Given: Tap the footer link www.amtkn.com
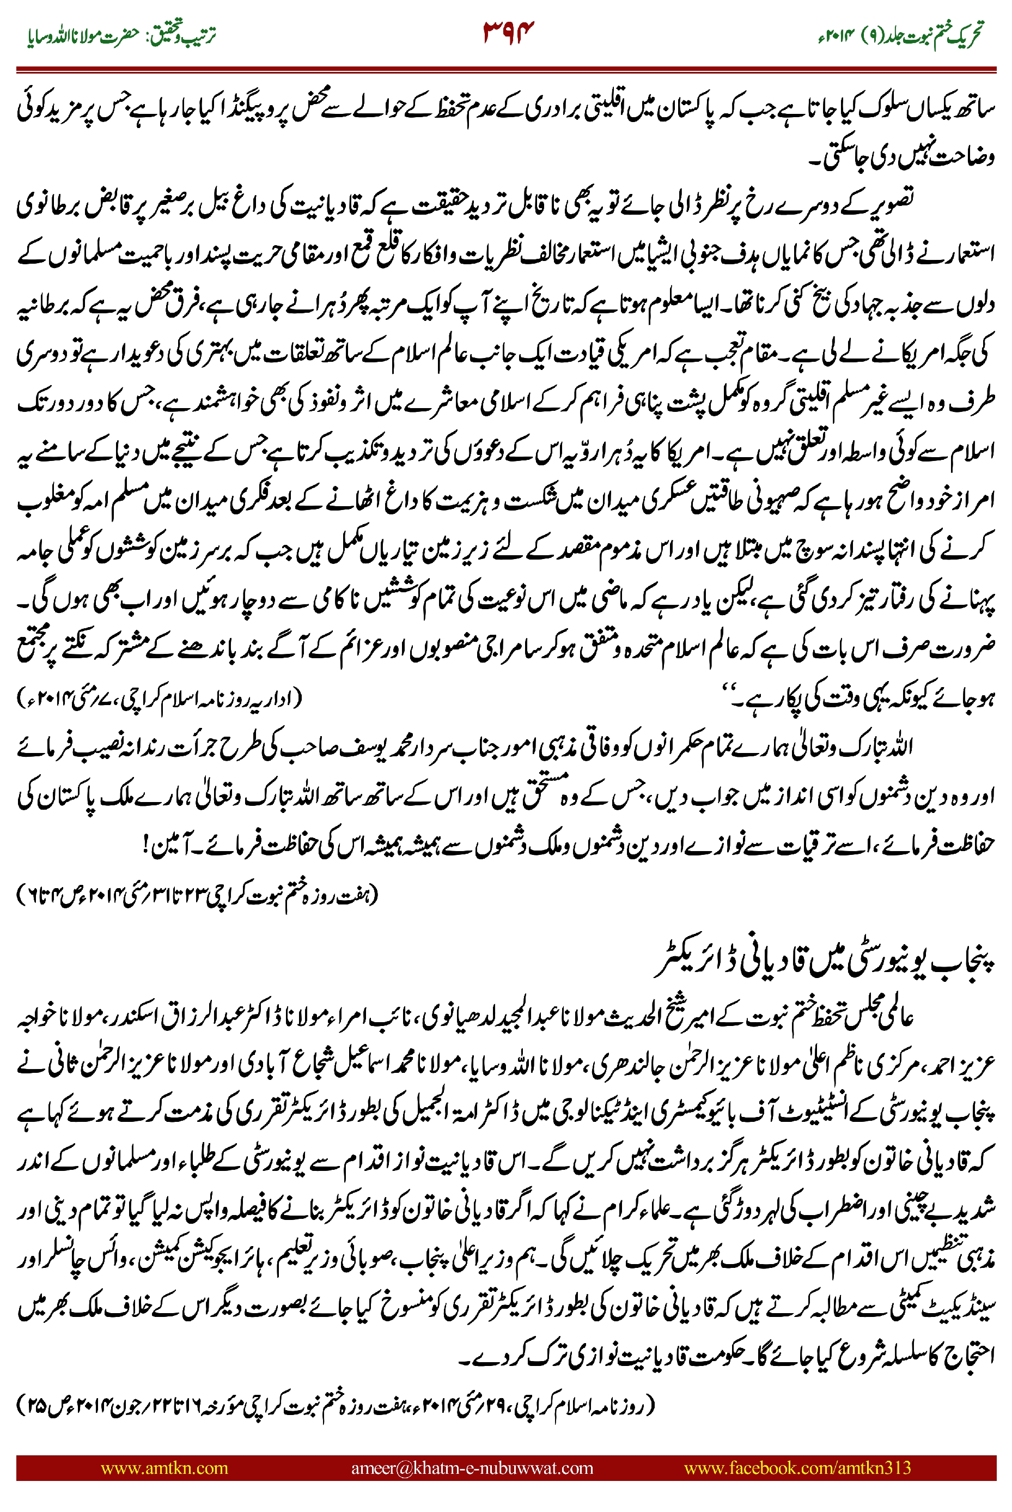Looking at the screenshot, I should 164,1467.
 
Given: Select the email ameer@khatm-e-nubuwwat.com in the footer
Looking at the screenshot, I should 472,1467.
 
